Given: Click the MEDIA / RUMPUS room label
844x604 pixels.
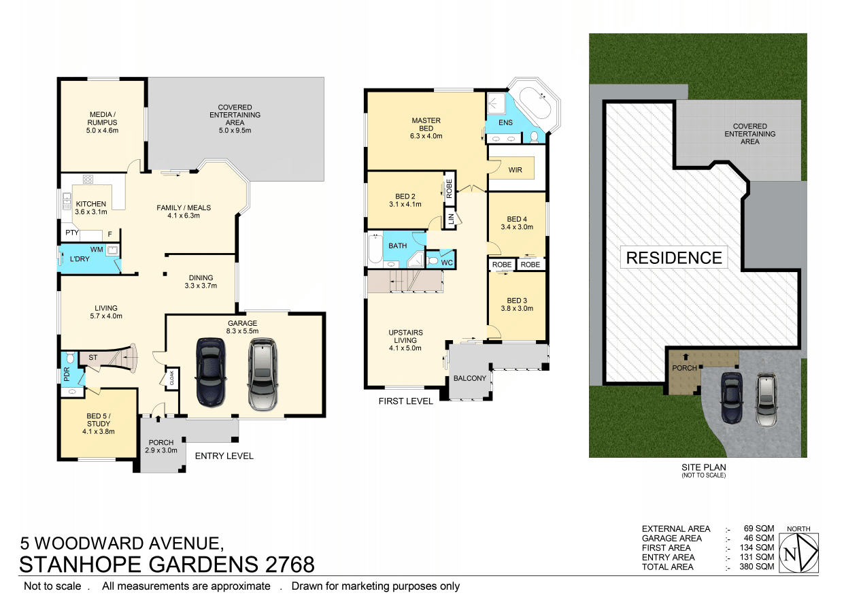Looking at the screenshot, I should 103,122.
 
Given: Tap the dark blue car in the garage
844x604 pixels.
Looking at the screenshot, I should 209,371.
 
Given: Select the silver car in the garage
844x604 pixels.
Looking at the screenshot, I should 263,375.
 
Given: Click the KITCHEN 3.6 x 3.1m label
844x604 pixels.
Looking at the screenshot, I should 90,208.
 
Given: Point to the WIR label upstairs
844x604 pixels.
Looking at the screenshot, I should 515,169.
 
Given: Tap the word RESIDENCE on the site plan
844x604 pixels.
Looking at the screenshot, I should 674,258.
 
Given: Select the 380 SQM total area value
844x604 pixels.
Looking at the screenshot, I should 757,567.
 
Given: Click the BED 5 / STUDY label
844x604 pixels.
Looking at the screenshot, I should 98,427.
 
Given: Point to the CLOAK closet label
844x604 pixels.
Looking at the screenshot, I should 171,378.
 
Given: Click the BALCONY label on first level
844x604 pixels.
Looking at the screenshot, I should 470,378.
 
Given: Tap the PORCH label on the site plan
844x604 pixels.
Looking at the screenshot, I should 685,369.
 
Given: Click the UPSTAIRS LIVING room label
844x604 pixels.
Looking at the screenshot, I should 405,340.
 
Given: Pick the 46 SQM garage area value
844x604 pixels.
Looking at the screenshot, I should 759,538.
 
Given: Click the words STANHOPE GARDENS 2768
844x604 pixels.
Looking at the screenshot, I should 167,565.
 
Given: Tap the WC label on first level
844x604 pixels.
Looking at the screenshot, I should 447,263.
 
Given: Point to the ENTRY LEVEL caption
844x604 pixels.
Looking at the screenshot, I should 224,456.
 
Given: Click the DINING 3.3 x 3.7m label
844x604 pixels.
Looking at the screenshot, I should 201,282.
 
